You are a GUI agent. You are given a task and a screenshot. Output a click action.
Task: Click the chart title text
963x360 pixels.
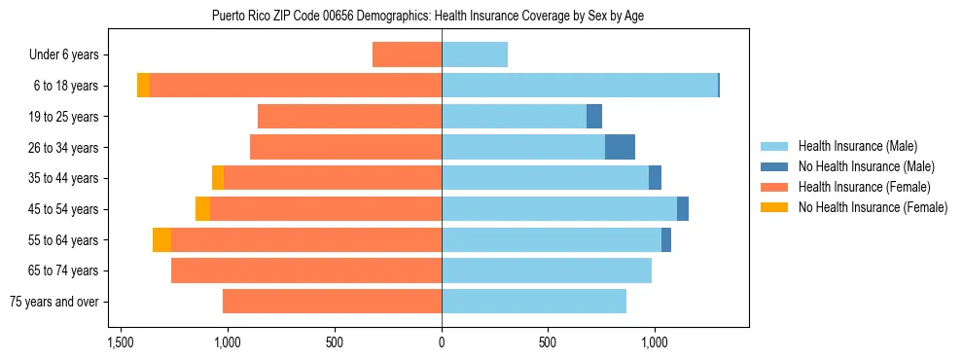click(x=427, y=16)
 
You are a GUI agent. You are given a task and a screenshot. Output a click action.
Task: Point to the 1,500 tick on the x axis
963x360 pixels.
click(x=121, y=343)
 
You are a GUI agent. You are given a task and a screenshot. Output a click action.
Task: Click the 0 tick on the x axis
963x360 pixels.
click(x=442, y=343)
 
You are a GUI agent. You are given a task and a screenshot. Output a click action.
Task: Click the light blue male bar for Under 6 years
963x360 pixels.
click(x=475, y=55)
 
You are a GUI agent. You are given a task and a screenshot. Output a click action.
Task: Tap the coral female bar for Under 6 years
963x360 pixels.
click(x=407, y=55)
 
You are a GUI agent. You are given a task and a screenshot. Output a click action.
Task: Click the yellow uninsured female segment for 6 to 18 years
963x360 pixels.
click(x=143, y=86)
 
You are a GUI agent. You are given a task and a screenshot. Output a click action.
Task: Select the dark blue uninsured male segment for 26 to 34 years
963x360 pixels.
click(x=620, y=148)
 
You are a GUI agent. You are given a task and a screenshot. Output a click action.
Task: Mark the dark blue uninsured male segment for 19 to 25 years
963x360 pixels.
click(x=594, y=117)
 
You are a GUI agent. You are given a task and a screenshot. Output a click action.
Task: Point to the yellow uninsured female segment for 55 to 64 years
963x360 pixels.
click(x=161, y=240)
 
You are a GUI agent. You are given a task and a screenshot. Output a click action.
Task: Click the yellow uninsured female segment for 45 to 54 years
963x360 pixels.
click(x=202, y=209)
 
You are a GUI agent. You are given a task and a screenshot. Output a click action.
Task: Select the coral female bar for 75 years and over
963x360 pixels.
click(x=332, y=302)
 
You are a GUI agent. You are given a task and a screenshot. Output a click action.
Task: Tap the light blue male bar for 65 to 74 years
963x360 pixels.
click(x=547, y=270)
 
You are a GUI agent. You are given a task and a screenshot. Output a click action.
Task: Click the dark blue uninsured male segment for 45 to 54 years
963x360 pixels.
click(x=683, y=209)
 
